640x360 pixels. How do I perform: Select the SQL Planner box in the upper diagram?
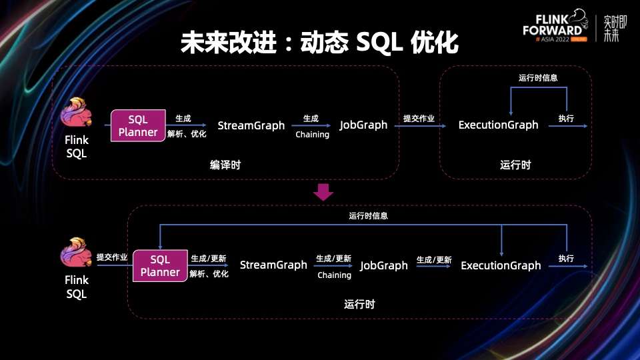click(138, 125)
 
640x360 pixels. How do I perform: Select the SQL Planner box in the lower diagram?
click(160, 265)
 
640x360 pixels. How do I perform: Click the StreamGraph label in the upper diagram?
click(251, 125)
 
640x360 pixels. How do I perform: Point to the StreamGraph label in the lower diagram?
click(273, 265)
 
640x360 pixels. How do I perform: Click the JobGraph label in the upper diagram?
click(363, 125)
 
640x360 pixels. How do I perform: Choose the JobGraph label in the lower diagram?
click(384, 265)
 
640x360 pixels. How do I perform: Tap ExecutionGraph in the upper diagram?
click(498, 125)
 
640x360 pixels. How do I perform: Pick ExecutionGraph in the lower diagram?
click(501, 265)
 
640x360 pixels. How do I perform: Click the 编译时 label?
click(225, 165)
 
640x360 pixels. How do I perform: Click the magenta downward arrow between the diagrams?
click(323, 192)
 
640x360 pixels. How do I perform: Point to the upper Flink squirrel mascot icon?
click(77, 115)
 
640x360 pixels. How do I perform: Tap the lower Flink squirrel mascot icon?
click(77, 254)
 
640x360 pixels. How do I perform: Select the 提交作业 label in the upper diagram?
click(419, 119)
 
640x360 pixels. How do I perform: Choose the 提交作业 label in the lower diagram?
click(112, 257)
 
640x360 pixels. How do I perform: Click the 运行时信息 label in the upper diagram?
click(538, 77)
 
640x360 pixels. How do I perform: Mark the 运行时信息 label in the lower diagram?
click(368, 215)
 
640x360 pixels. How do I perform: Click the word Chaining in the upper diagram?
click(313, 135)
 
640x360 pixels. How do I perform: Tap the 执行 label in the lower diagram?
click(566, 258)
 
